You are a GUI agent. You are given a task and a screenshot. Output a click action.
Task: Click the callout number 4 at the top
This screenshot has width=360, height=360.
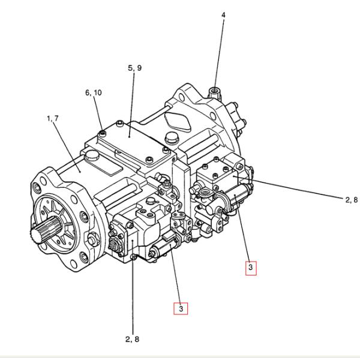(x=223, y=14)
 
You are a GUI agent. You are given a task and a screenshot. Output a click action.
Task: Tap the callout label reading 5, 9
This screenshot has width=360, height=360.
(x=135, y=68)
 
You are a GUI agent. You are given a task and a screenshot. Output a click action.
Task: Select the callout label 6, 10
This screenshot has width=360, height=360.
(x=94, y=92)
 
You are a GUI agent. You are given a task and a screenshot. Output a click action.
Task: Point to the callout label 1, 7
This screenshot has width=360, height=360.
(x=52, y=119)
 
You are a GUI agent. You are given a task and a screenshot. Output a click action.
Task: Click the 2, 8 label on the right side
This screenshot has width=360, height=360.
(x=351, y=200)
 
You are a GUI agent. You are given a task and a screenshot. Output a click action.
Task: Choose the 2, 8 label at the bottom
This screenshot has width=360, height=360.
(x=132, y=339)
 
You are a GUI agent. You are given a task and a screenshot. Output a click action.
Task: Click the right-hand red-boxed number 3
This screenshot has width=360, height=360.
(x=251, y=267)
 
